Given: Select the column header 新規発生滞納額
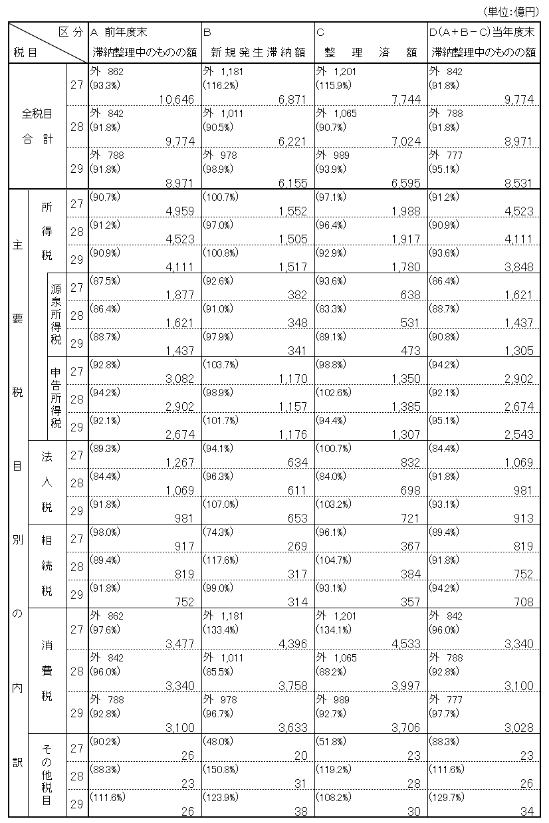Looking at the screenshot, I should [258, 52].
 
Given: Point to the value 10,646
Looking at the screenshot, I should [176, 100].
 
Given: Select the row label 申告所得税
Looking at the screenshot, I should [56, 399].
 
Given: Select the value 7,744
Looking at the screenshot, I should [405, 100].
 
